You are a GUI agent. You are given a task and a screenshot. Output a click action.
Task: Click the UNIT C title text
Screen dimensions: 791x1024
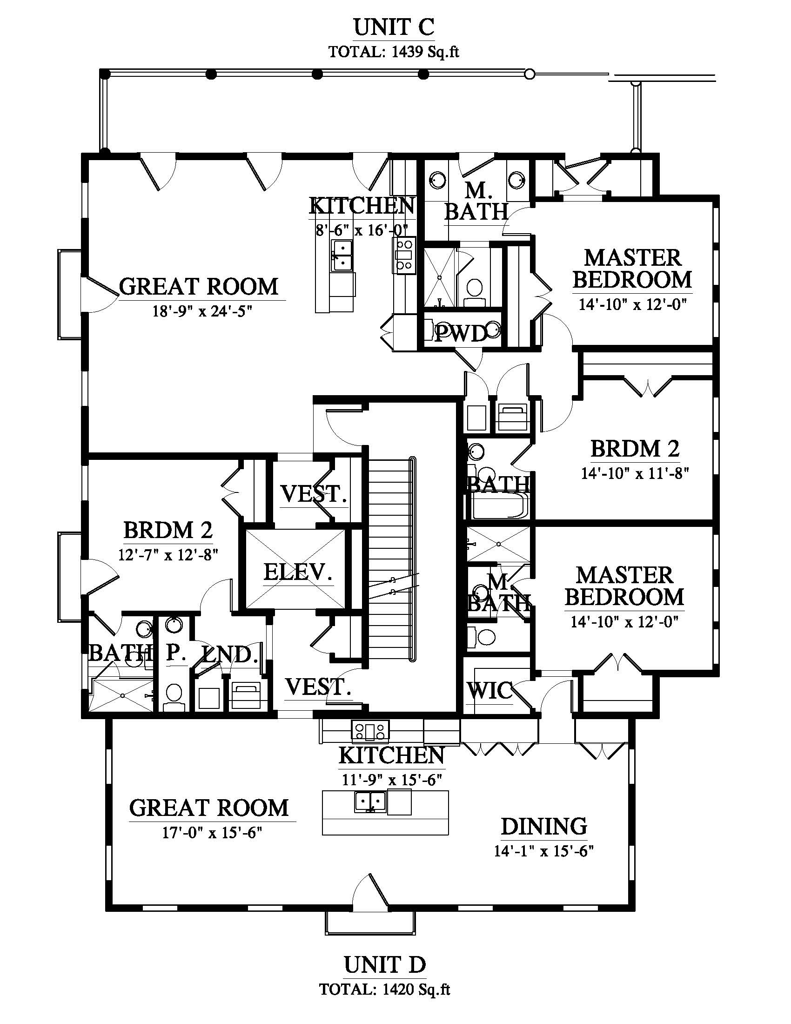[394, 27]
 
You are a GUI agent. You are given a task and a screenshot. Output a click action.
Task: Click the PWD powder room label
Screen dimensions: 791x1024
[461, 334]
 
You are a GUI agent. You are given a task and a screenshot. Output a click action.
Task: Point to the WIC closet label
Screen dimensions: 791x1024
[489, 690]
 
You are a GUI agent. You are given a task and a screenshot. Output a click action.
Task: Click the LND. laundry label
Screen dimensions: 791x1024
[229, 654]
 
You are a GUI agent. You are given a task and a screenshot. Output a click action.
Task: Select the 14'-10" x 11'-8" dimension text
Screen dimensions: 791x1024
[636, 473]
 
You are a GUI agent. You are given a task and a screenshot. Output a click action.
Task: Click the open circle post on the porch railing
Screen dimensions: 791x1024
[530, 74]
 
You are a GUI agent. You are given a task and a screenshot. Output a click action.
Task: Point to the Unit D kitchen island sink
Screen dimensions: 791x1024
[370, 802]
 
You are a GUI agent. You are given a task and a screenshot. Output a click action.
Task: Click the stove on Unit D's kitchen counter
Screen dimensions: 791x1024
[371, 730]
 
